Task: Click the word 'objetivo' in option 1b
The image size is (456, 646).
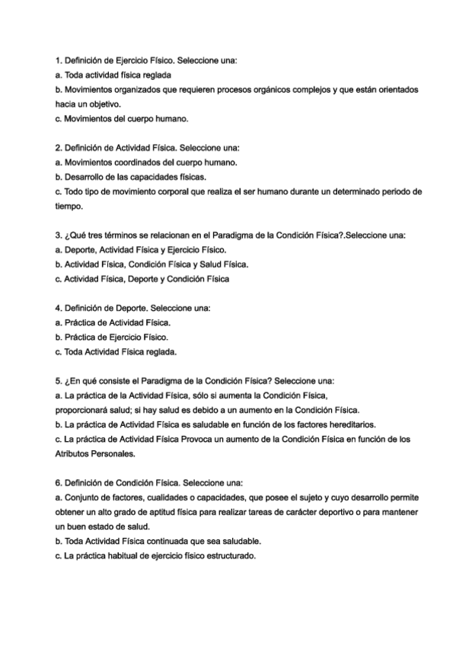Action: click(x=104, y=104)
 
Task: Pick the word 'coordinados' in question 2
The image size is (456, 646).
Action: click(x=139, y=162)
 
